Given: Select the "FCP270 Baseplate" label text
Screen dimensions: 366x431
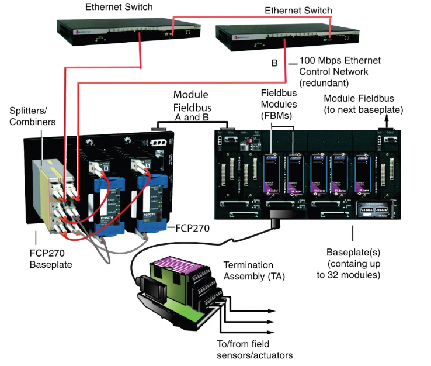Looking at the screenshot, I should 50,260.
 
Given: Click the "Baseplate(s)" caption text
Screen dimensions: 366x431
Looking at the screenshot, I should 350,252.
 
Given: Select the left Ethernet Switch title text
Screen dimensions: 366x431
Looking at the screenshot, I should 119,8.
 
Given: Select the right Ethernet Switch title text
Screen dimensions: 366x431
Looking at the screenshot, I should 298,11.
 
